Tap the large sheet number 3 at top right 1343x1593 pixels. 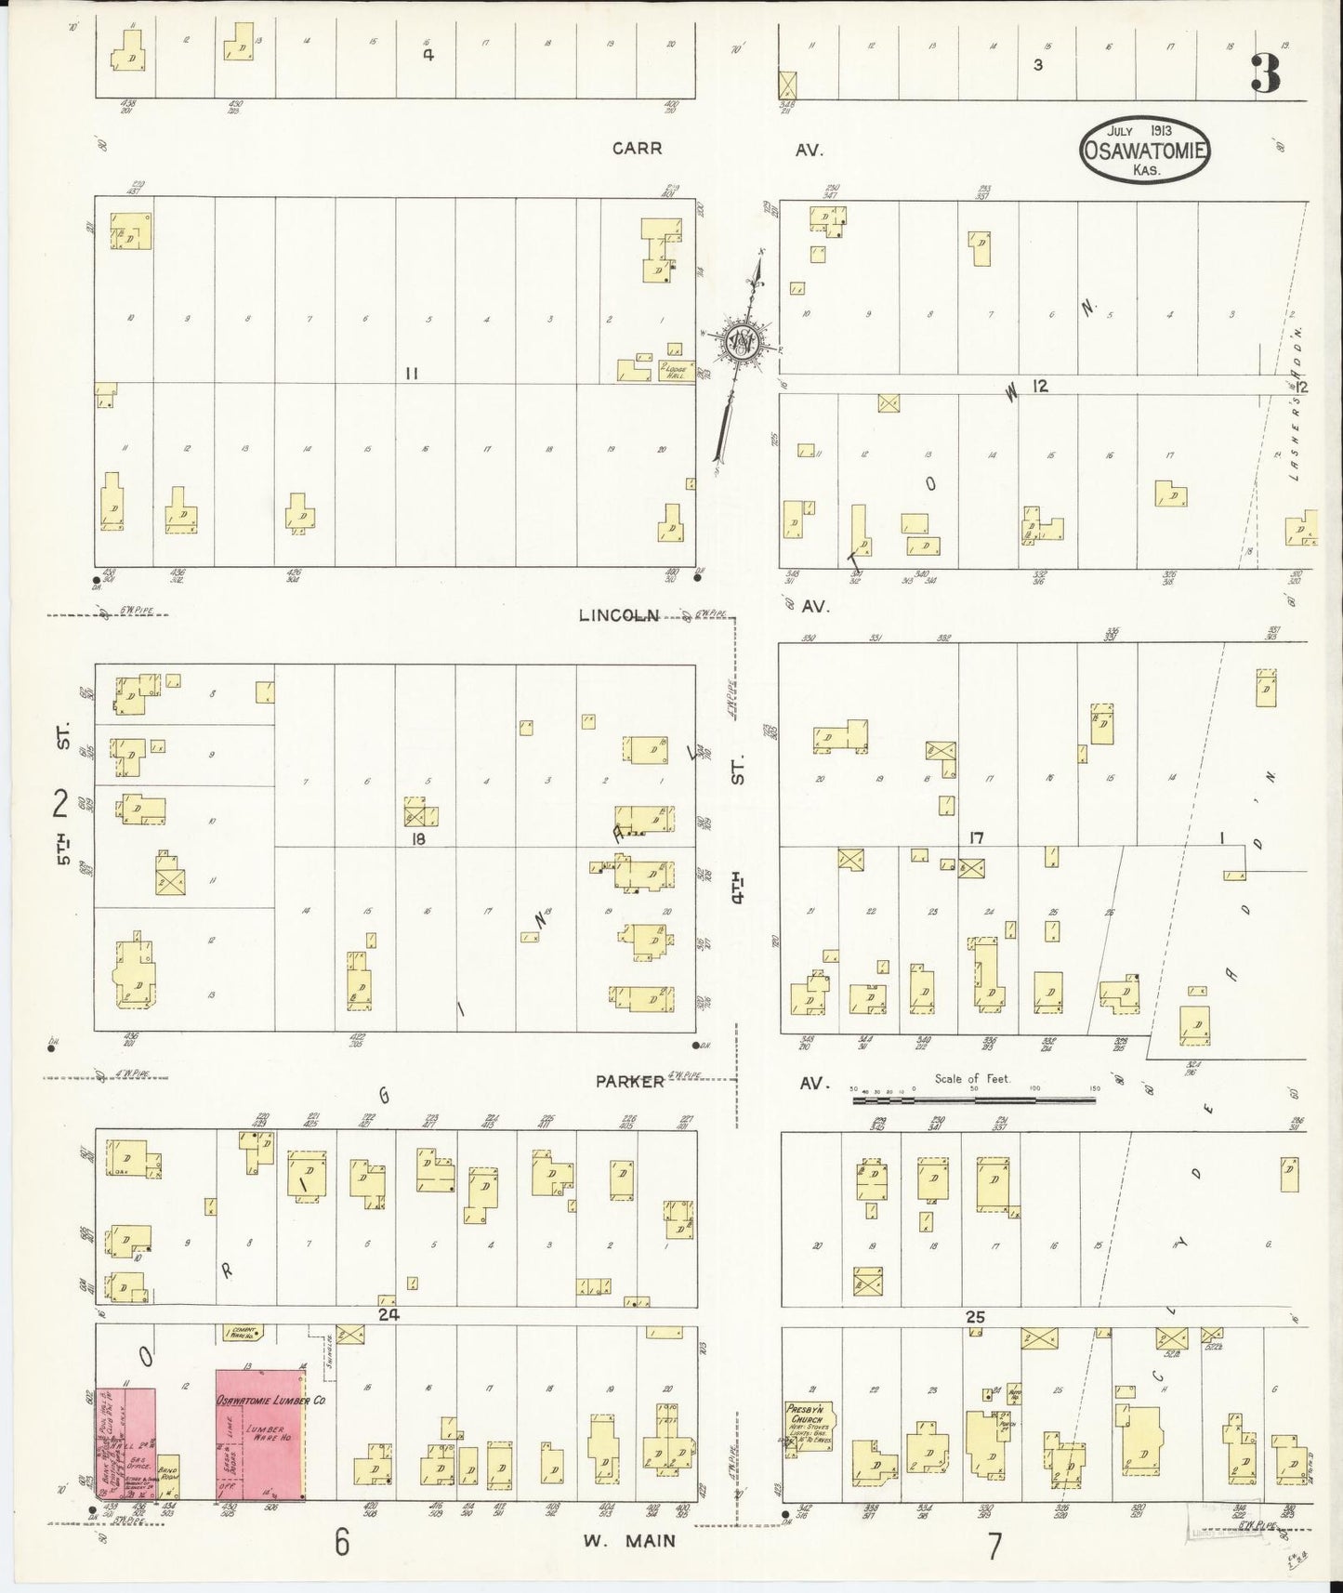click(x=1266, y=73)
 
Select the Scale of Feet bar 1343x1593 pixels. click(x=973, y=1100)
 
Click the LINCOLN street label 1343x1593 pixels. click(x=618, y=615)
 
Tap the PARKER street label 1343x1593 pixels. click(x=630, y=1081)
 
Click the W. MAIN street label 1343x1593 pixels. click(x=637, y=1541)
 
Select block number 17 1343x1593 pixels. click(x=975, y=838)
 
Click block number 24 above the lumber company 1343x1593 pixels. click(x=388, y=1314)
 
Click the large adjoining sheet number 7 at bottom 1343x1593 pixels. click(x=994, y=1545)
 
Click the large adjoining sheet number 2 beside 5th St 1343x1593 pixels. click(x=61, y=802)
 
